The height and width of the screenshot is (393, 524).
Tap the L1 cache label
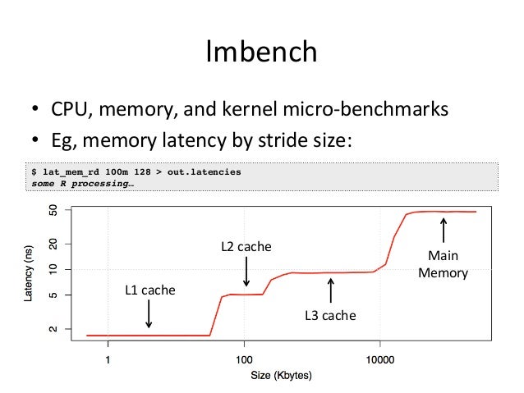coord(149,290)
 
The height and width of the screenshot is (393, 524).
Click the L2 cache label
coord(246,245)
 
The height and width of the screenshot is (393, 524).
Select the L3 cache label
coord(330,314)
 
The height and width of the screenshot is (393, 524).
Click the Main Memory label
coord(443,264)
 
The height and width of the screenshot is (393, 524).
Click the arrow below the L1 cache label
coord(149,313)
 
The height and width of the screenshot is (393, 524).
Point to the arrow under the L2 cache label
coord(246,271)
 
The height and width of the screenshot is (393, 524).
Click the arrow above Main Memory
coord(444,231)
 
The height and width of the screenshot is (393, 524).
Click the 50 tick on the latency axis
coord(54,212)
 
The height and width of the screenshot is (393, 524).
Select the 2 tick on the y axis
coord(54,329)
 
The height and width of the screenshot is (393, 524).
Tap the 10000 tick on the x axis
coord(379,359)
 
